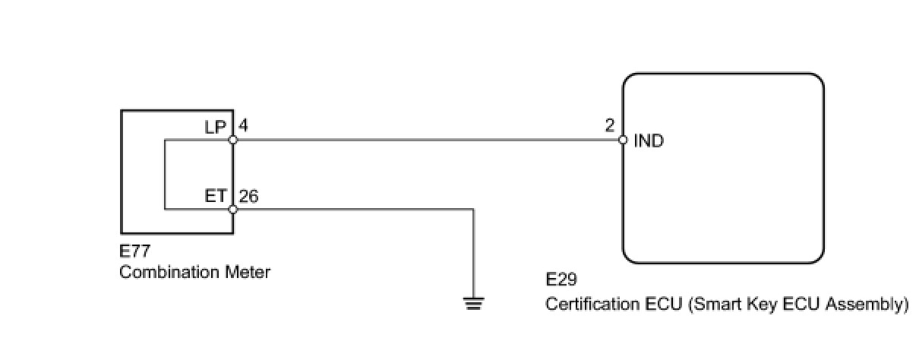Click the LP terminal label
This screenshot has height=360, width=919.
216,127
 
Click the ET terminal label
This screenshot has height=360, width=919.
216,196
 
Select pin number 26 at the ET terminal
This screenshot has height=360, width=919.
248,196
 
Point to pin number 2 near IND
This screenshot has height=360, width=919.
609,126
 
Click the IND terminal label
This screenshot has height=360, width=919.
648,141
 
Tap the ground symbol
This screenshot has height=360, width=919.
474,304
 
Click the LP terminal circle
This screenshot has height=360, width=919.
232,141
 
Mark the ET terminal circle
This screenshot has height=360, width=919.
232,209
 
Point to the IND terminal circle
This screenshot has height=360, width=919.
623,141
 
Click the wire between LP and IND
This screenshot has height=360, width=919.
425,141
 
